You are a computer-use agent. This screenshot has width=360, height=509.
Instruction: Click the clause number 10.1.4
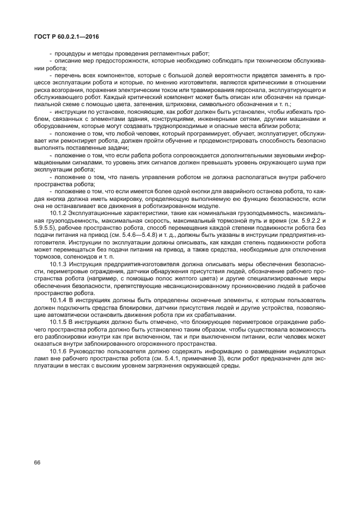(59, 300)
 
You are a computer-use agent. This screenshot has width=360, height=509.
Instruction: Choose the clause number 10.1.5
(59, 321)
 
